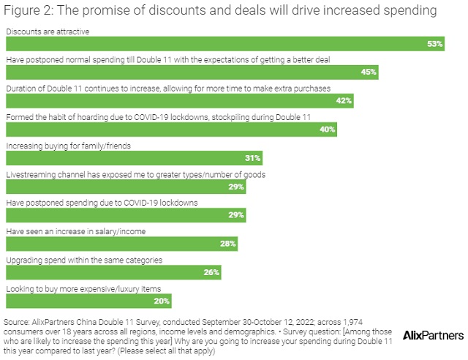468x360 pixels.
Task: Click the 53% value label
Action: pyautogui.click(x=436, y=45)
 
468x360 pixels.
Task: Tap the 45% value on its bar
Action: pyautogui.click(x=369, y=72)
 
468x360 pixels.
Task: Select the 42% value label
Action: pyautogui.click(x=344, y=101)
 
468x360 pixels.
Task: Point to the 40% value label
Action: pyautogui.click(x=327, y=130)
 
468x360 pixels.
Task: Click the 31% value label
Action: pyautogui.click(x=252, y=158)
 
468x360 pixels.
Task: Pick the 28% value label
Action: pyautogui.click(x=227, y=244)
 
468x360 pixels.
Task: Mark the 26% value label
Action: pyautogui.click(x=211, y=272)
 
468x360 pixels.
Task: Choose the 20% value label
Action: pyautogui.click(x=162, y=301)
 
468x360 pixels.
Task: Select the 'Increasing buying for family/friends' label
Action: pyautogui.click(x=68, y=146)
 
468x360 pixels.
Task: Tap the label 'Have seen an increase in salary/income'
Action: pyautogui.click(x=75, y=232)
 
